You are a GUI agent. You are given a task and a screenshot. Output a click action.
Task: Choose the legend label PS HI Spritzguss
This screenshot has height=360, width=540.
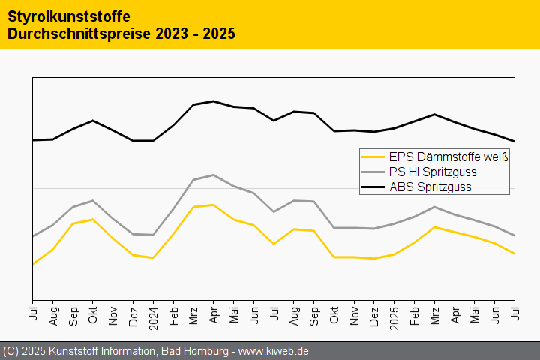point(433,172)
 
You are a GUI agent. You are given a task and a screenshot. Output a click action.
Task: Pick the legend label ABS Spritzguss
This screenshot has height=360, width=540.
point(430,187)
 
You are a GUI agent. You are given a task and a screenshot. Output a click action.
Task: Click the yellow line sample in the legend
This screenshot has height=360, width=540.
point(373,157)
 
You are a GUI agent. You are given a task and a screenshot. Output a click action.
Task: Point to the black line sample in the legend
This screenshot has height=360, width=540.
point(373,187)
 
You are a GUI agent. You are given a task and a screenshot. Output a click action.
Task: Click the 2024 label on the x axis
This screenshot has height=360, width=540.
point(153,316)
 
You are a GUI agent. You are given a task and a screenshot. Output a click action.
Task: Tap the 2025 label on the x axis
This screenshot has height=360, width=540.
point(394,316)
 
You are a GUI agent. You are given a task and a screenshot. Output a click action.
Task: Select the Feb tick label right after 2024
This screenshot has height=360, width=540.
point(173,313)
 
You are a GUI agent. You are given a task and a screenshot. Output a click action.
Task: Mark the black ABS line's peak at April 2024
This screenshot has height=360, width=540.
point(214,101)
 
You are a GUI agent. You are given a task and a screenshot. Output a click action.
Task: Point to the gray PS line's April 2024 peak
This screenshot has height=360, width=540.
point(214,175)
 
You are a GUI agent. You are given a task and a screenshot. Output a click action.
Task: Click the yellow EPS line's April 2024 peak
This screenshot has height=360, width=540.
point(214,205)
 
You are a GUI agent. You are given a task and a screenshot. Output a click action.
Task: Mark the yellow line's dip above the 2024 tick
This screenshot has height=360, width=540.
point(153,258)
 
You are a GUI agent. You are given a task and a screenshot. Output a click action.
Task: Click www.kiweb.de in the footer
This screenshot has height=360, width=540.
point(274,351)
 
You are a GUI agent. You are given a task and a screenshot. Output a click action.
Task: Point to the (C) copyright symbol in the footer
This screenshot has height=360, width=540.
point(10,351)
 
